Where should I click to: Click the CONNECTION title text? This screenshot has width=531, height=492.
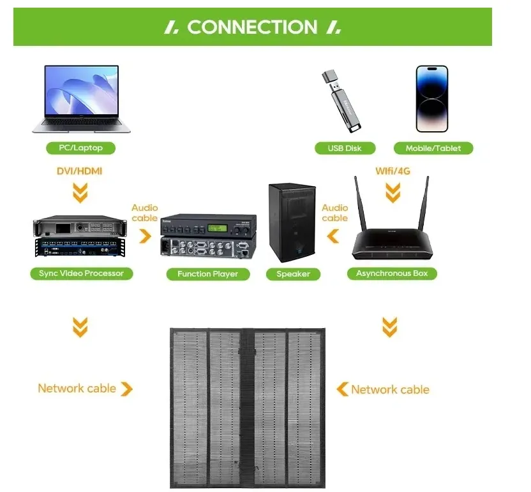(x=252, y=27)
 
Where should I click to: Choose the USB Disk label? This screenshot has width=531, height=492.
(x=345, y=148)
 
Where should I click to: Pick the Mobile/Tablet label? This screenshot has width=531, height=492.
(x=433, y=148)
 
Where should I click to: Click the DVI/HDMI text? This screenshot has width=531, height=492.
(x=80, y=171)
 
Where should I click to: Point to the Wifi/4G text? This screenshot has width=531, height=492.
(x=392, y=171)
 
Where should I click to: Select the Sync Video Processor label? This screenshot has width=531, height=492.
(x=81, y=273)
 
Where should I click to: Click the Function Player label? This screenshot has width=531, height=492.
(x=207, y=273)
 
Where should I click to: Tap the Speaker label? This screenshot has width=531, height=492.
(x=293, y=273)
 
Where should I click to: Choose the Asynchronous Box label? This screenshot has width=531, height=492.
(x=392, y=273)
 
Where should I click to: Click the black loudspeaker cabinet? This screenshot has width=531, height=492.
(x=292, y=222)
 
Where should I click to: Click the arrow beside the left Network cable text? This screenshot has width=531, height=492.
(x=126, y=389)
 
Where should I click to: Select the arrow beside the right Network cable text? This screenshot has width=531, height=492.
(x=343, y=389)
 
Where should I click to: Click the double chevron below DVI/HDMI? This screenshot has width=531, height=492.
(x=80, y=192)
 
